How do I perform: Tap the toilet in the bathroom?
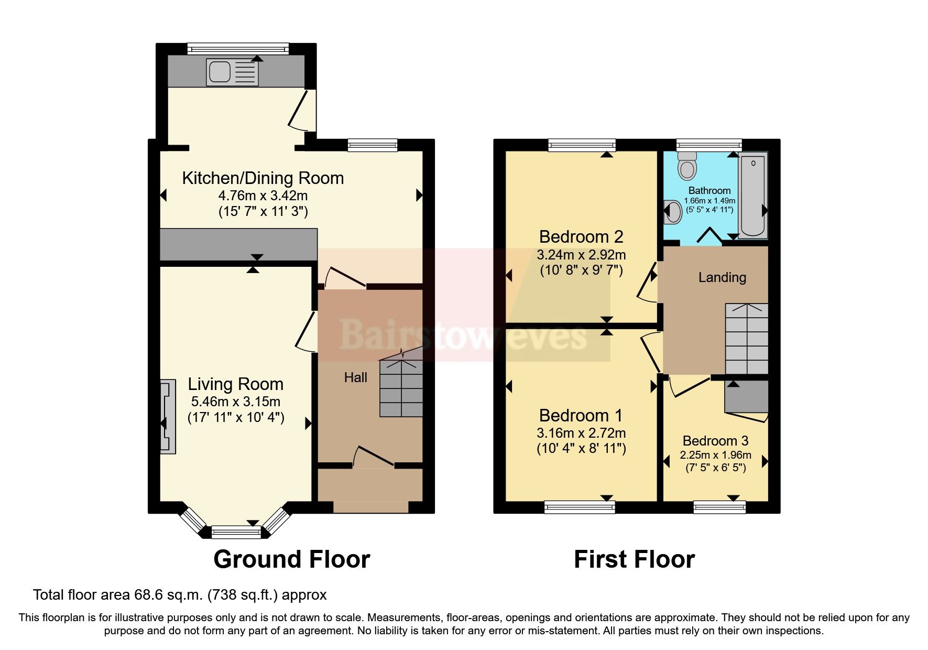tap(687, 167)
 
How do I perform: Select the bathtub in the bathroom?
tap(753, 195)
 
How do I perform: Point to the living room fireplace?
tap(168, 417)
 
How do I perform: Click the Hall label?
tap(355, 377)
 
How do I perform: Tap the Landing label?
tap(722, 277)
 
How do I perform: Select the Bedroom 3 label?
tap(715, 441)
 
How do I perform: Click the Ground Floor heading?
tap(291, 559)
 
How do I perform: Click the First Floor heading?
tap(634, 559)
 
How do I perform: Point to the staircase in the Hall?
tap(401, 385)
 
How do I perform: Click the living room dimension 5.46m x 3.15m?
tap(235, 402)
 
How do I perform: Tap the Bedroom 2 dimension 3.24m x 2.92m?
tap(581, 255)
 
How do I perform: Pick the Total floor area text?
tap(180, 595)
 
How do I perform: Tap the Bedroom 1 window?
tap(579, 506)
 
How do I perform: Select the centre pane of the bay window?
tap(236, 533)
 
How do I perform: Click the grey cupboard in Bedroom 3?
tap(746, 397)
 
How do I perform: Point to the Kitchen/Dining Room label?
tap(263, 178)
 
